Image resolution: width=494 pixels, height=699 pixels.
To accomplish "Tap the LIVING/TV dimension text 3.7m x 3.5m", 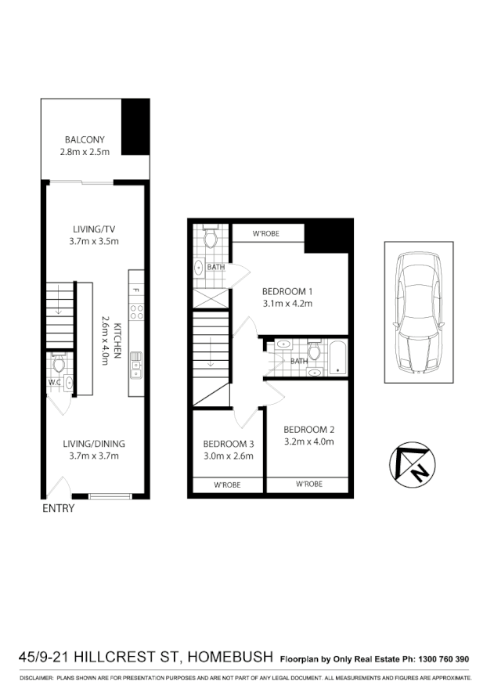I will point(93,241).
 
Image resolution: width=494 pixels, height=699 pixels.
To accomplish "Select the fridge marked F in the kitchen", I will point(136,290).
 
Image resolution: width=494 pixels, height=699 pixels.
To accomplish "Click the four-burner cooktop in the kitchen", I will point(136,312).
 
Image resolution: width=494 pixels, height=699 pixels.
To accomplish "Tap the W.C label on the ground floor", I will point(54,383).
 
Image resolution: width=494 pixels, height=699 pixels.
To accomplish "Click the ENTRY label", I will point(58,509).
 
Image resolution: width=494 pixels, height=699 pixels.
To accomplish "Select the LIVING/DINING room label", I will point(93,444).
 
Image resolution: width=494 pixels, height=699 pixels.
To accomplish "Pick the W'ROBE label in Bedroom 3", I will point(227,485).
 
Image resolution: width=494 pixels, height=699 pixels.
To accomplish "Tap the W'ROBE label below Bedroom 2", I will point(309,485).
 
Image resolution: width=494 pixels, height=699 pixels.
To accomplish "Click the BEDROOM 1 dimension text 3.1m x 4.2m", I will point(287,304).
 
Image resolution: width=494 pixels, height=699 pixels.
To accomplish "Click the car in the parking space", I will point(419,311).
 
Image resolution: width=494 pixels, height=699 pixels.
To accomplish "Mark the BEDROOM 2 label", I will point(308,429).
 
